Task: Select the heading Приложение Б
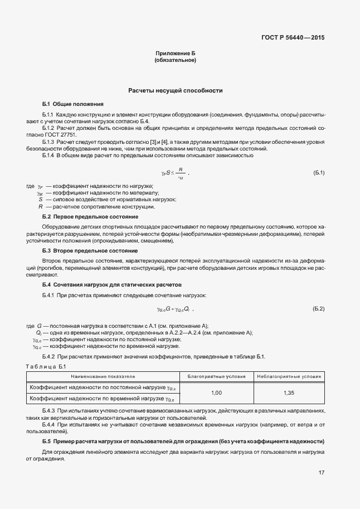point(176,52)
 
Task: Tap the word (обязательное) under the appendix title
point(176,59)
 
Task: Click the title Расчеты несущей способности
point(176,90)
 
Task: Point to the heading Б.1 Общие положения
point(72,104)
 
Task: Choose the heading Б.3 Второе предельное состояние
point(90,251)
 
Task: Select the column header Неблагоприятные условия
point(289,376)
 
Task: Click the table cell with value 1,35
point(289,393)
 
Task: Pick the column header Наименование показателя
point(103,376)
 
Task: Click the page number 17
point(321,473)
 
